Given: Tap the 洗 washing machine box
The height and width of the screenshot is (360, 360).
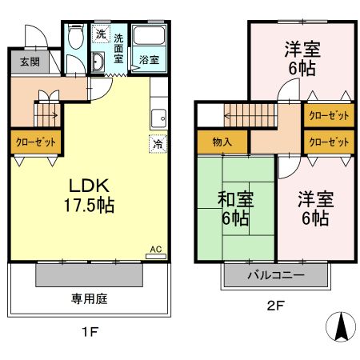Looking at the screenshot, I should (x=100, y=34).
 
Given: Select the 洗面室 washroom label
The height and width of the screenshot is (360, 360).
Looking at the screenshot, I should (x=118, y=49).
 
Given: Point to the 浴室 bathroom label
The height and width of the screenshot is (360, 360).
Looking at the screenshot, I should (x=148, y=60).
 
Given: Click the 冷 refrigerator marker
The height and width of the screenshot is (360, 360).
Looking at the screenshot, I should (x=158, y=145).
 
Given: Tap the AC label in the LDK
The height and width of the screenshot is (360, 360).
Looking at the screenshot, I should (x=157, y=250).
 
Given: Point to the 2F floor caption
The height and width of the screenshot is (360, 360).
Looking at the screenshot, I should (x=277, y=305).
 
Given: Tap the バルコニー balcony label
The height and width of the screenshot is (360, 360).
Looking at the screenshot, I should (x=276, y=274).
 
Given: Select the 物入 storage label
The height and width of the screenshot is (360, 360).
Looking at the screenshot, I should (x=222, y=142).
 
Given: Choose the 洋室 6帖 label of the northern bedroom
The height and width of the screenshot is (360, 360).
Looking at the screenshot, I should (x=303, y=58).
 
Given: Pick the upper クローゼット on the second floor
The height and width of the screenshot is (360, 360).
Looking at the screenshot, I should (x=329, y=115).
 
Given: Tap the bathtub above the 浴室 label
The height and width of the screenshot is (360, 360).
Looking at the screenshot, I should (x=148, y=36).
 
